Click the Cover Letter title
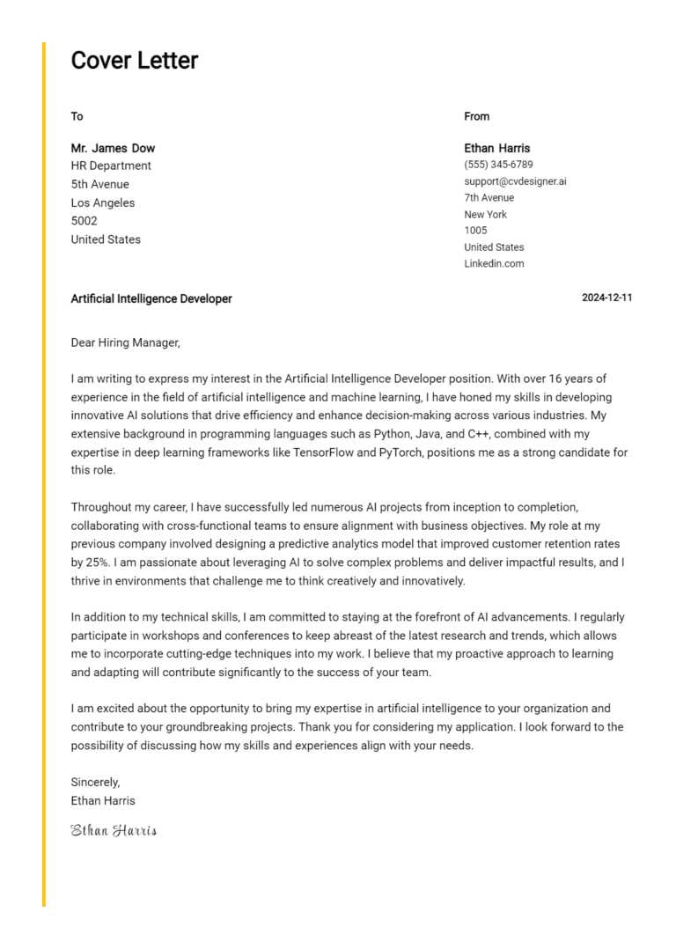point(135,61)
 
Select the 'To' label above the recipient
point(77,116)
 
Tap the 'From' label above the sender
point(476,116)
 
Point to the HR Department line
point(111,166)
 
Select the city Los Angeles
point(103,202)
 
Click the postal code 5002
point(84,221)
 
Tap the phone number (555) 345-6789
point(498,165)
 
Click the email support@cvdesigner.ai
point(515,181)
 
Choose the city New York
point(486,214)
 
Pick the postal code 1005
point(475,231)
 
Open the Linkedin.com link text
point(494,263)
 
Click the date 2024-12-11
point(606,298)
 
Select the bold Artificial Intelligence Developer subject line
point(151,298)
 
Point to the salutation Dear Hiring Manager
point(125,342)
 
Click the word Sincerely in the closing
point(95,782)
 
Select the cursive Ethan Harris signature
point(114,830)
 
